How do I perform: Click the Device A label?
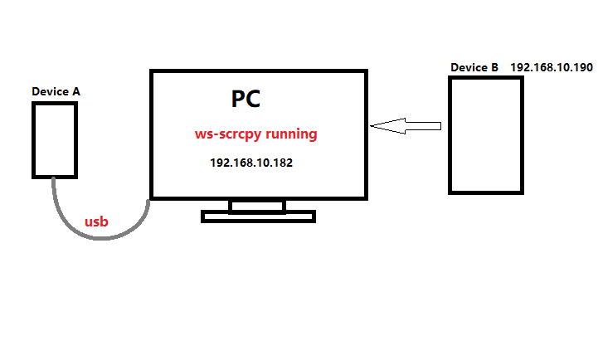pyautogui.click(x=54, y=91)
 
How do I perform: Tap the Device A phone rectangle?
pyautogui.click(x=55, y=139)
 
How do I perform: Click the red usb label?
pyautogui.click(x=97, y=221)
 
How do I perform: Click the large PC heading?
pyautogui.click(x=246, y=100)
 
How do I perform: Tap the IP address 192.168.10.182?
pyautogui.click(x=250, y=163)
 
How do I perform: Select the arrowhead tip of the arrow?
pyautogui.click(x=373, y=126)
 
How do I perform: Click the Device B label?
pyautogui.click(x=474, y=67)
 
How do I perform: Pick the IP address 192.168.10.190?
pyautogui.click(x=552, y=66)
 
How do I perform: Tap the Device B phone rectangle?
pyautogui.click(x=485, y=135)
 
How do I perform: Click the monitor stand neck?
pyautogui.click(x=257, y=206)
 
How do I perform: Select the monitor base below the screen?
pyautogui.click(x=258, y=216)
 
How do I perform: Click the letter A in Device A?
pyautogui.click(x=72, y=91)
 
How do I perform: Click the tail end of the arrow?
pyautogui.click(x=439, y=126)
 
